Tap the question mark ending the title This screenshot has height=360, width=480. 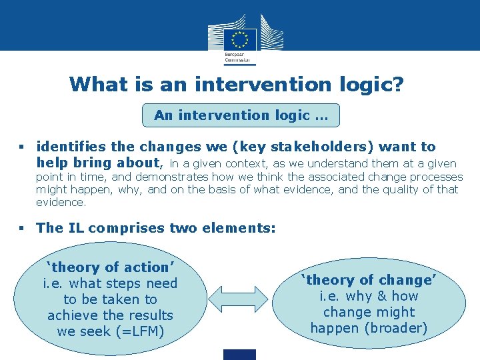click(397, 84)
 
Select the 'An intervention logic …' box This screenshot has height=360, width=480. click(241, 115)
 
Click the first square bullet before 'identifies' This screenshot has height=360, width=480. click(23, 147)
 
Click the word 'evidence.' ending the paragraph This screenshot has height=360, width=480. click(61, 202)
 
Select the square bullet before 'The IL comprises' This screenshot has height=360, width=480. click(23, 228)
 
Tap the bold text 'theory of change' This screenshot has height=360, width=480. click(369, 280)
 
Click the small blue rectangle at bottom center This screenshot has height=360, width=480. click(240, 354)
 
